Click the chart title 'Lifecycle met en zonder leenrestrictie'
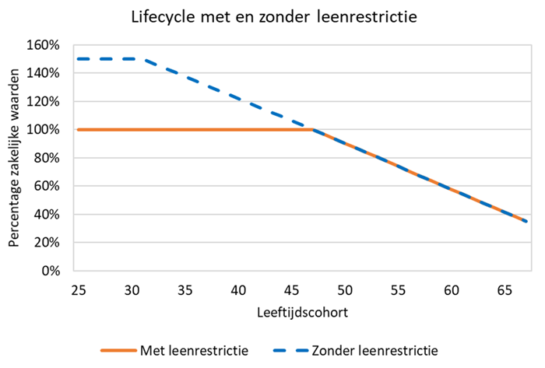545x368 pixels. (272, 16)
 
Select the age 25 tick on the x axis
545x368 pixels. (78, 289)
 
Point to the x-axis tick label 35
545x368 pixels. (185, 289)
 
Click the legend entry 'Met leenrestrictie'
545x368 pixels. (194, 350)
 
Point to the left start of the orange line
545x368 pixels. (78, 130)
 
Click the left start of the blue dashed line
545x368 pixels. (78, 59)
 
